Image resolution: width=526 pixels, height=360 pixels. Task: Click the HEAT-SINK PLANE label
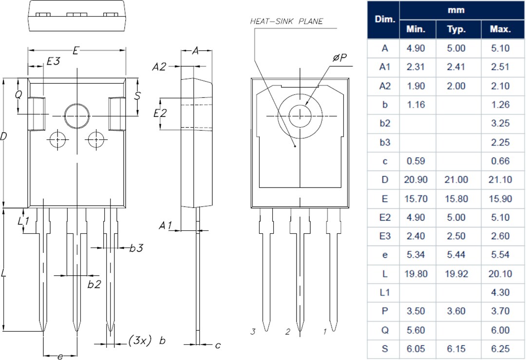point(286,21)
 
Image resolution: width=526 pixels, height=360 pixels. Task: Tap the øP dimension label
point(339,58)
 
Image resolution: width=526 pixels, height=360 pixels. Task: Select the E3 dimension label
point(53,61)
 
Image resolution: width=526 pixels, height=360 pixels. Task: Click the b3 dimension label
point(136,248)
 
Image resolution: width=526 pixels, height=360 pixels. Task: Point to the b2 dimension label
point(94,284)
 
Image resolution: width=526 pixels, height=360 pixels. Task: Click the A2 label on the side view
point(159,67)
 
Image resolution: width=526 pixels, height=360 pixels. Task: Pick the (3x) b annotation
point(147,341)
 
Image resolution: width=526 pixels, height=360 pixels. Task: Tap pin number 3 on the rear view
point(253,332)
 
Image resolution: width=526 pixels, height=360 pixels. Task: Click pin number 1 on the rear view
point(325,332)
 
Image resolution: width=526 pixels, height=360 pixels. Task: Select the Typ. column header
point(456,29)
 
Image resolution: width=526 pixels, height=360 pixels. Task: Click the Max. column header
point(500,29)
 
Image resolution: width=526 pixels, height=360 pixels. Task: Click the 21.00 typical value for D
point(456,180)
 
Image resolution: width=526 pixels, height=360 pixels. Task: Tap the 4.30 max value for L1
point(500,293)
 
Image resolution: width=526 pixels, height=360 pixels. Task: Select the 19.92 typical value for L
point(456,274)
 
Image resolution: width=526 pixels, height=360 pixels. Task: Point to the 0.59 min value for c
point(415,161)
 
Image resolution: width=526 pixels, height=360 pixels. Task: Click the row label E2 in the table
point(384,218)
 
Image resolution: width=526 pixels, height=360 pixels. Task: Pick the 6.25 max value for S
point(500,349)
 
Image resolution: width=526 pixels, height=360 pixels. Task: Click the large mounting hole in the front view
point(77,116)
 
